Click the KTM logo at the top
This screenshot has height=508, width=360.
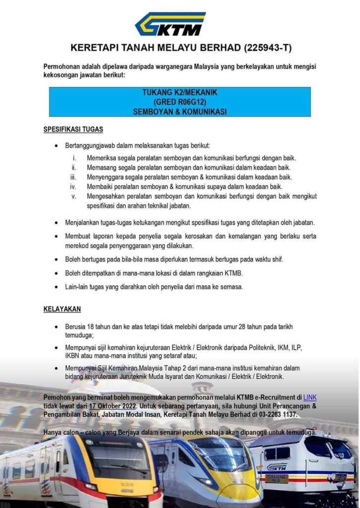pos(170,24)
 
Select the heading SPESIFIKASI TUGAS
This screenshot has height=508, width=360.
pos(73,129)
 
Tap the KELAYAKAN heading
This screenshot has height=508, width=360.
pos(62,309)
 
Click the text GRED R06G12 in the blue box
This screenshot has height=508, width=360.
pos(179,102)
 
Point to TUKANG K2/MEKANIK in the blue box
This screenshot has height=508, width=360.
pos(179,93)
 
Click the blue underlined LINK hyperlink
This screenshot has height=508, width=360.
pos(310,397)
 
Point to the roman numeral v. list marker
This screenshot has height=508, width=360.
pos(73,196)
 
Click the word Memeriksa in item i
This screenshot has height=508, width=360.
pos(102,158)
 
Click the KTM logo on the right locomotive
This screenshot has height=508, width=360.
pos(277,467)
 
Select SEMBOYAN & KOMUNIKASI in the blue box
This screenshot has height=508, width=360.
pos(179,112)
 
